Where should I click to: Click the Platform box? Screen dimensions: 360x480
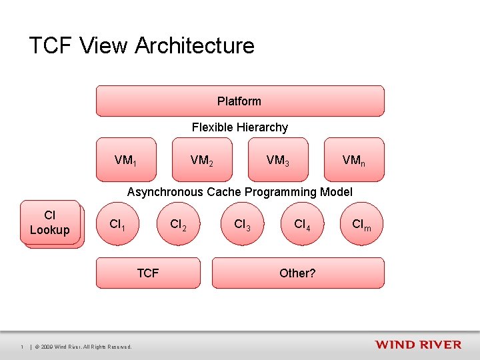tap(240, 101)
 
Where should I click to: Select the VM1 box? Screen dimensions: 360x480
tap(126, 160)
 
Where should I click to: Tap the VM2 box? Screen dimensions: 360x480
tap(203, 160)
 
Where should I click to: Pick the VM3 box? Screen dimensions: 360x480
tap(278, 160)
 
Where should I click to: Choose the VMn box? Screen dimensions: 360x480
tap(354, 160)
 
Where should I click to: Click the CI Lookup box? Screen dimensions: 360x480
tap(50, 223)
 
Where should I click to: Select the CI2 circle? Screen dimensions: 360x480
tap(178, 225)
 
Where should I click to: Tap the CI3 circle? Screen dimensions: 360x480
tap(242, 225)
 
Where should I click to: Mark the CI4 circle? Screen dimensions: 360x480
tap(302, 225)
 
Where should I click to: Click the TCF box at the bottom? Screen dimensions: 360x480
tap(148, 273)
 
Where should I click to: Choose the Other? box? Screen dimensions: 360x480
tap(298, 273)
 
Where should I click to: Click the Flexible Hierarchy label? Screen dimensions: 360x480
tap(240, 127)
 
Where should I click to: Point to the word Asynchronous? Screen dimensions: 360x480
tap(165, 192)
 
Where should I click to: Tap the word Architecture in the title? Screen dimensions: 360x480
tap(195, 46)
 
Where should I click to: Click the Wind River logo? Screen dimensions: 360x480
tap(418, 345)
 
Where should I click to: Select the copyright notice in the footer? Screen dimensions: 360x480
tap(83, 347)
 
